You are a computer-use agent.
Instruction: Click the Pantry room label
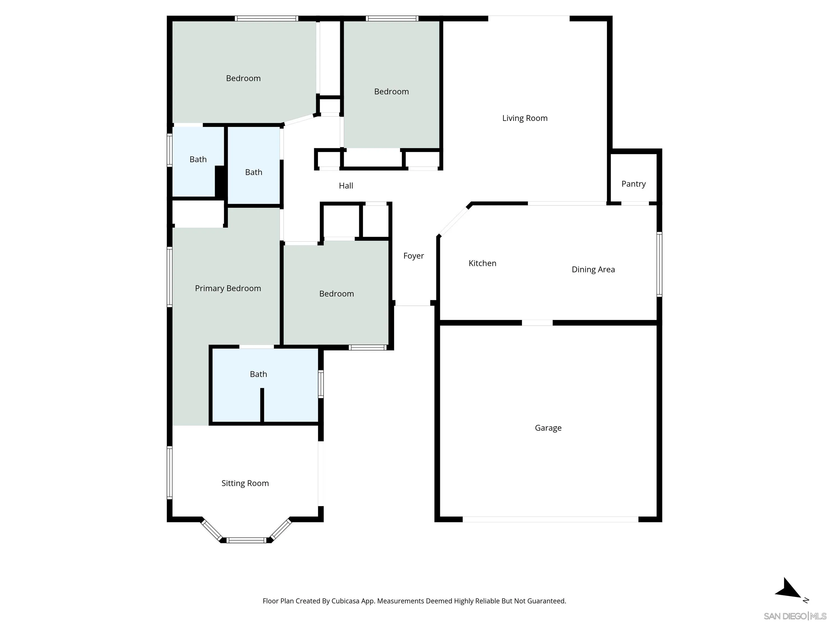pyautogui.click(x=633, y=184)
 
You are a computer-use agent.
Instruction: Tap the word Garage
pyautogui.click(x=548, y=428)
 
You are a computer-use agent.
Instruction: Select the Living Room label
pyautogui.click(x=525, y=118)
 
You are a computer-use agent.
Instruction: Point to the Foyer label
pyautogui.click(x=413, y=256)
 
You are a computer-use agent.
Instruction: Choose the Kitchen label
pyautogui.click(x=482, y=263)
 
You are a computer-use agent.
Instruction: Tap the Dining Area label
pyautogui.click(x=593, y=269)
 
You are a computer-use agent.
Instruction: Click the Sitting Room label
pyautogui.click(x=245, y=483)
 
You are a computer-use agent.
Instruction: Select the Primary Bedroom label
pyautogui.click(x=228, y=288)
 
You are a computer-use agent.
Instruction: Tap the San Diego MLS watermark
pyautogui.click(x=794, y=616)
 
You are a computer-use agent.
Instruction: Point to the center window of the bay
pyautogui.click(x=246, y=540)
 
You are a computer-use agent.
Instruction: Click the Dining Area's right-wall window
pyautogui.click(x=659, y=264)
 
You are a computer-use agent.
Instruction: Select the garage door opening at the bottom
pyautogui.click(x=550, y=519)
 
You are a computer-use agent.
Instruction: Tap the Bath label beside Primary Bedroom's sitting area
pyautogui.click(x=258, y=374)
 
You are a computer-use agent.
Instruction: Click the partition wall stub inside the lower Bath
pyautogui.click(x=262, y=405)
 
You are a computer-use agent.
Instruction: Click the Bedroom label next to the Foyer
pyautogui.click(x=336, y=293)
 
